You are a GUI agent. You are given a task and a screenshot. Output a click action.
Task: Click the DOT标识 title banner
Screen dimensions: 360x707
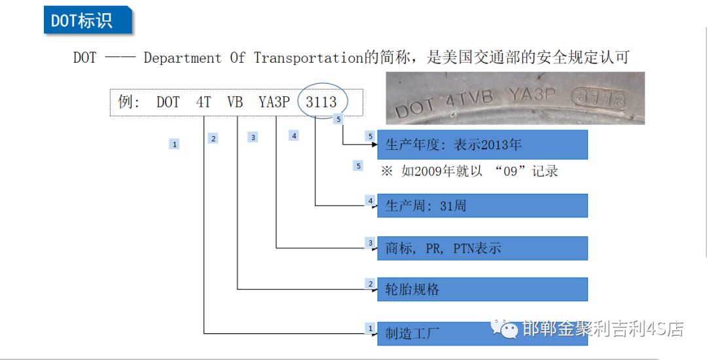coord(82,20)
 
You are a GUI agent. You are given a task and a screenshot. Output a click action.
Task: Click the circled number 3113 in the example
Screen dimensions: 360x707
coord(321,102)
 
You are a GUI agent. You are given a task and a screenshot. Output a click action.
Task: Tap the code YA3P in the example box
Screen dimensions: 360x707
coord(274,102)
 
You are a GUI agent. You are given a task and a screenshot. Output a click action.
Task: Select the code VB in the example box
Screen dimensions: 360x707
coord(235,102)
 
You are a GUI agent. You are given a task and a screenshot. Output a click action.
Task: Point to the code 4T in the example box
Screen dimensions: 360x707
coord(204,102)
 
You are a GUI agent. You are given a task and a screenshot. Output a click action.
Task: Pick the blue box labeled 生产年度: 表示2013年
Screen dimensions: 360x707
coord(482,145)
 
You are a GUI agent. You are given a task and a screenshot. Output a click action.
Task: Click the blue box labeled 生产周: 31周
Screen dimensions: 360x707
coord(482,206)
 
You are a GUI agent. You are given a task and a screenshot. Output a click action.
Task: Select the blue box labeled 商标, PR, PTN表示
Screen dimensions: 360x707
coord(482,248)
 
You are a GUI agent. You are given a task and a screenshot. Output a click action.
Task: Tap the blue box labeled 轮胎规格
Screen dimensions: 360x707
coord(482,289)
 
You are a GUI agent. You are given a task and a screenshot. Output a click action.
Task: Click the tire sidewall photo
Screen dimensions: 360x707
coord(515,98)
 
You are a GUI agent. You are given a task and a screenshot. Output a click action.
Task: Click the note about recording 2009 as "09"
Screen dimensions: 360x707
coord(469,171)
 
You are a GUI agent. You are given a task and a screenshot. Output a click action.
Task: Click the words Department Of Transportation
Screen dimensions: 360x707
coord(253,58)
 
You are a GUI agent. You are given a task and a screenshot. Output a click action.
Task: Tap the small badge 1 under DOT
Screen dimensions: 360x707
coord(174,144)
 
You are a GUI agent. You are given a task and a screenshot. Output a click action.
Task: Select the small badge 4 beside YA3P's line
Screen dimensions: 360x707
coord(294,135)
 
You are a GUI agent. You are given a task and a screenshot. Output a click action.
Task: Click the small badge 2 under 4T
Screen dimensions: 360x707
coord(213,138)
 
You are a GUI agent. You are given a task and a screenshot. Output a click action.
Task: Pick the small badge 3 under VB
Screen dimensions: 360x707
coord(253,137)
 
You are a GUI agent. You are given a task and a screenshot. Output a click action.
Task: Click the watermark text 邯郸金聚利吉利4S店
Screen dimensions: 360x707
coord(602,329)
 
